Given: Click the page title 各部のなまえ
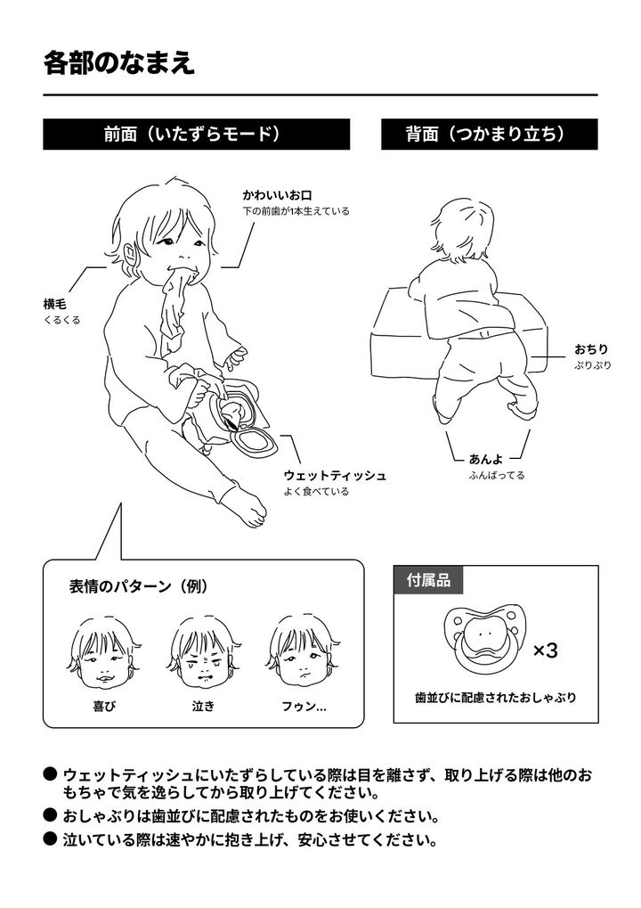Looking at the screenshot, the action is coord(119,63).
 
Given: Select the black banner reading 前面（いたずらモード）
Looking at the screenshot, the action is coord(196,135).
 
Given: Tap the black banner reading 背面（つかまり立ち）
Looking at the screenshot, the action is coord(489,135).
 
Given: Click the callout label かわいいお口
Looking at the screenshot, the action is coord(278,195).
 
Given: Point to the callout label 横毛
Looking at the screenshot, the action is coord(55,304).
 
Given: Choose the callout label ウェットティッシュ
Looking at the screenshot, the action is coord(335,476).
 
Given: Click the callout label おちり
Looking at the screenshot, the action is coord(591,349).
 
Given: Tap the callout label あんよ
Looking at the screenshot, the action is coord(486,459).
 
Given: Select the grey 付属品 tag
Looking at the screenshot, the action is coord(428,580).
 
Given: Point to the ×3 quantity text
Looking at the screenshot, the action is coord(545,650).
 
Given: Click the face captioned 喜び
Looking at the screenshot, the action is coord(105,654).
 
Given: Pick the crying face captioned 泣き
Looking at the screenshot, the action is coord(204,654).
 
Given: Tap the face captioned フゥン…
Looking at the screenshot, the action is coord(304,653).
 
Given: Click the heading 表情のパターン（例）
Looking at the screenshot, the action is coord(139,586).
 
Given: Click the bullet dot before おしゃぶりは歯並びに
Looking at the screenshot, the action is coord(51,815).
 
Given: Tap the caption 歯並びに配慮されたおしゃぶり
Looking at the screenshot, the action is coord(496,697).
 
